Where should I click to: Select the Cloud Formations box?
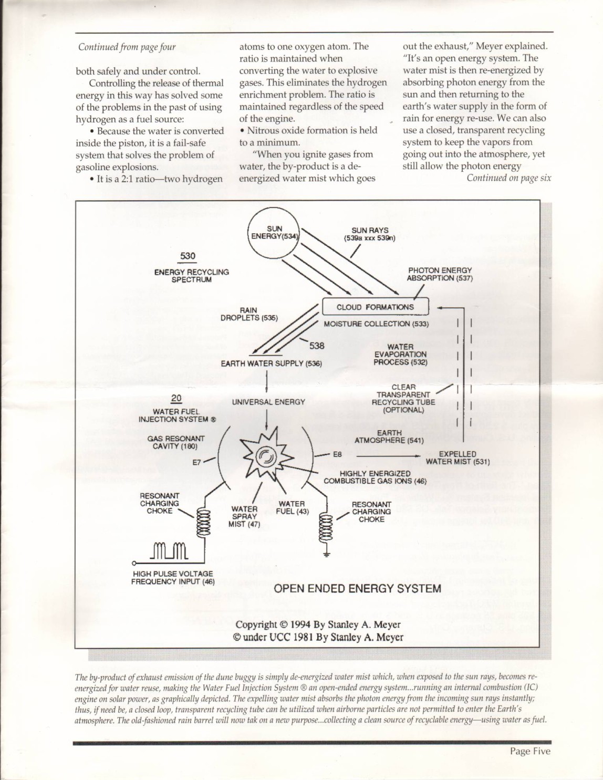click(375, 307)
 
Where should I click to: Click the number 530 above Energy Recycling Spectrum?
click(188, 256)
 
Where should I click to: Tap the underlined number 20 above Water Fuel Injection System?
click(176, 399)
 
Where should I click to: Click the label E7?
click(197, 462)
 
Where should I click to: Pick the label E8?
click(337, 454)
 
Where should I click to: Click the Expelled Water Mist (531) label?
click(457, 458)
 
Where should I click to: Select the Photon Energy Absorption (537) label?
click(440, 274)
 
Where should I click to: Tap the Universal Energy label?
click(268, 402)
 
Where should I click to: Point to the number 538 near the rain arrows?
click(317, 346)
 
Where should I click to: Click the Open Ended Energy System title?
click(357, 588)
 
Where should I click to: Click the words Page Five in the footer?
click(530, 752)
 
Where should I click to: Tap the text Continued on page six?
click(508, 178)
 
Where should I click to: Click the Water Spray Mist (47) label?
click(244, 516)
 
